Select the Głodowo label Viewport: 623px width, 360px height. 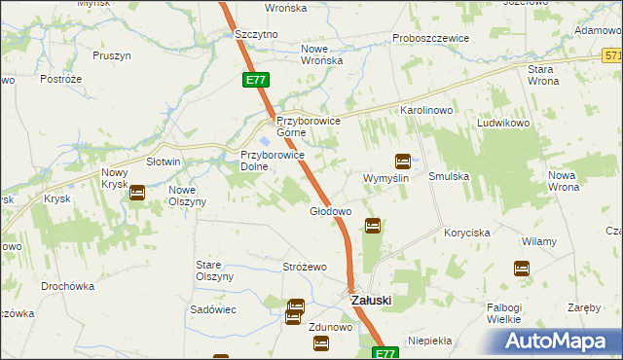[x=329, y=211]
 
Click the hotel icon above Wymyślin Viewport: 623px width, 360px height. [x=402, y=162]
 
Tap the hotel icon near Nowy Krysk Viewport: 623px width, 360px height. [x=137, y=193]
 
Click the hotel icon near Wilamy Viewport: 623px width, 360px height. [x=522, y=268]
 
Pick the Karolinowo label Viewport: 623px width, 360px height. [x=427, y=111]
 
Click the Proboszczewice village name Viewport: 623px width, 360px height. [x=430, y=38]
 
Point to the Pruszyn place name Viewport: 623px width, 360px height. [x=112, y=55]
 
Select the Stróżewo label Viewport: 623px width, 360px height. [x=304, y=267]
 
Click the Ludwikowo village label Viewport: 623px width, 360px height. [x=502, y=125]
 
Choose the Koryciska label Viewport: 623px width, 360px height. [x=466, y=234]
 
